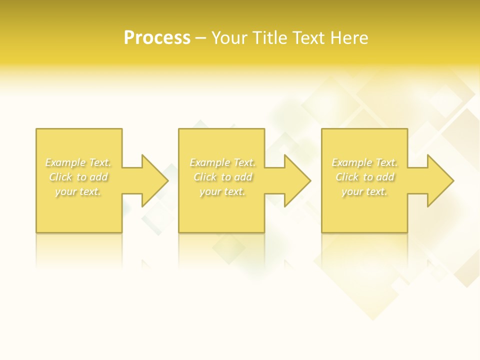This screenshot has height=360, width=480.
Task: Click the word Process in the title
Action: coord(157,38)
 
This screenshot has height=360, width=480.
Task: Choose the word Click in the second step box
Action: coord(205,177)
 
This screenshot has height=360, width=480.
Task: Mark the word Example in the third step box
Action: coord(351,162)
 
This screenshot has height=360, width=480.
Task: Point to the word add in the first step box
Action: coord(99,177)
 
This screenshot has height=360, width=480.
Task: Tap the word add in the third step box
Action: coord(385,177)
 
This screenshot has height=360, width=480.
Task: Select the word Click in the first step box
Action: coord(60,177)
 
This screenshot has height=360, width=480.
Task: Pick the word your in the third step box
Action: coord(352,191)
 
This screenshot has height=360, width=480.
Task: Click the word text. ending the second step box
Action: coord(234,191)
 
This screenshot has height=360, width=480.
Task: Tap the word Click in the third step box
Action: coord(347,177)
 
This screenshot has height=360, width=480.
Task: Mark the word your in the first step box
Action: coord(65,191)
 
